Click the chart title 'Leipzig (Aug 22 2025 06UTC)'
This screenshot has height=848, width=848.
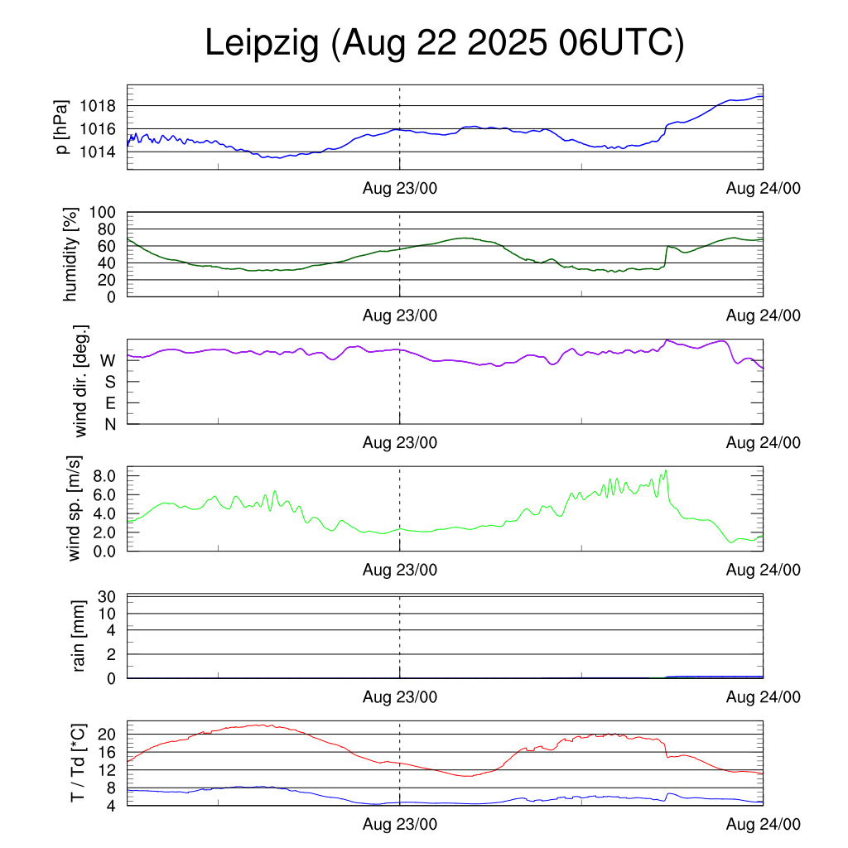coord(445,44)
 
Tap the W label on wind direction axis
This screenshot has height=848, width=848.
coord(108,360)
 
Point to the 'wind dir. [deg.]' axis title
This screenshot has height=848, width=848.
coord(81,382)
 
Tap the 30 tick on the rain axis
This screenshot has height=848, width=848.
coord(108,597)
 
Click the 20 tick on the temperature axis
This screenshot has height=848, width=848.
coord(108,735)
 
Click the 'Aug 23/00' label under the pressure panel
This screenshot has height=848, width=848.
coord(400,189)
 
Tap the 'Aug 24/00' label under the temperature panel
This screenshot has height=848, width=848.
coord(763,825)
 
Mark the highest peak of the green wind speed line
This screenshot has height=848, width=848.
coord(666,470)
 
